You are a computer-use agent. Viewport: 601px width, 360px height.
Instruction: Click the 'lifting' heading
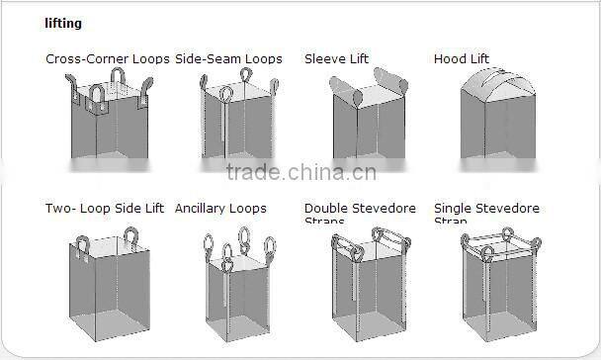click(63, 23)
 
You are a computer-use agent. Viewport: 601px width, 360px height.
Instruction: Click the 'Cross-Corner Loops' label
click(108, 59)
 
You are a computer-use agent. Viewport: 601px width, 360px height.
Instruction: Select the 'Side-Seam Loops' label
click(228, 59)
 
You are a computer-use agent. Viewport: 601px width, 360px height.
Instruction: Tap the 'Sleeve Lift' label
click(336, 59)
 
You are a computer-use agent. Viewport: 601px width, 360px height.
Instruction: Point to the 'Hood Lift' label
click(462, 59)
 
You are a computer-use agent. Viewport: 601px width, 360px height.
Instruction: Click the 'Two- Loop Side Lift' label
click(105, 209)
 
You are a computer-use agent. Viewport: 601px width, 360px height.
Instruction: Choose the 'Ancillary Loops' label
click(220, 209)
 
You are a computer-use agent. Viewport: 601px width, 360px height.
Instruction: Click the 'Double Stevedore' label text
click(360, 209)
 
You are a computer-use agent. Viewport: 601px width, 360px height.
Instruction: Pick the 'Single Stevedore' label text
click(486, 209)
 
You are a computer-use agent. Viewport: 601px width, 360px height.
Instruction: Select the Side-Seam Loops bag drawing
click(237, 129)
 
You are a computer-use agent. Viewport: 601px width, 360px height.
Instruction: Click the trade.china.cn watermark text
click(300, 173)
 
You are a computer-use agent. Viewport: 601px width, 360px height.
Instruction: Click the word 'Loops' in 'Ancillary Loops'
click(247, 209)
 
